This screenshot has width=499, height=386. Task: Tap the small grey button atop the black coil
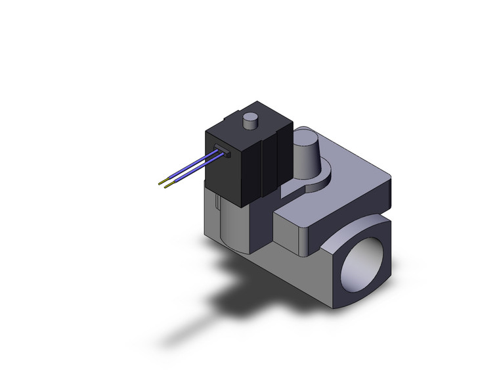click(x=249, y=121)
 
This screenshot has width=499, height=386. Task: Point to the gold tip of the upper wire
click(x=162, y=181)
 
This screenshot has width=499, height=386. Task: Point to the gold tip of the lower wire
click(x=168, y=187)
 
